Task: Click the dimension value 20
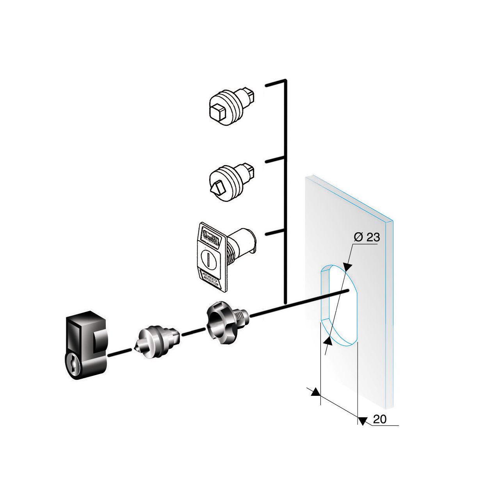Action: tap(379, 419)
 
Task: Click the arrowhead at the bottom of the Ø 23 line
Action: tap(328, 341)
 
